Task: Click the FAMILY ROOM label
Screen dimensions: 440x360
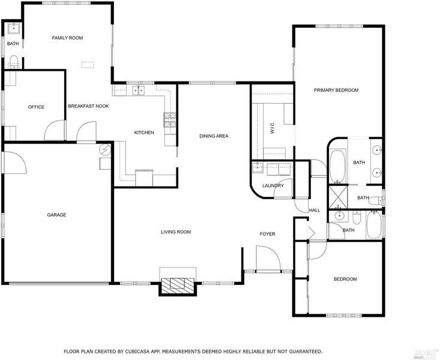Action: (67, 38)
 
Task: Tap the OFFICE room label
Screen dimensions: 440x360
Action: (36, 107)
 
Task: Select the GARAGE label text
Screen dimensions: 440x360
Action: (56, 215)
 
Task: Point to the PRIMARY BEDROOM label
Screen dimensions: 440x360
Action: (336, 90)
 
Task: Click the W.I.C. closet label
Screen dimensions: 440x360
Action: (272, 128)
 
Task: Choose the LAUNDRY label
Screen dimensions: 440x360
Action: (273, 186)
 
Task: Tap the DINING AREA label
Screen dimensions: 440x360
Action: (214, 136)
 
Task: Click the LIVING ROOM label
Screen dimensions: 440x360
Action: (176, 232)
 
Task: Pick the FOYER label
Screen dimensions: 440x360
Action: (268, 234)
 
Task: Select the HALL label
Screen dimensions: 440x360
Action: (315, 210)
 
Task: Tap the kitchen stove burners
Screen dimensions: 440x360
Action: (170, 120)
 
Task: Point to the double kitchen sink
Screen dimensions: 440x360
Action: (138, 91)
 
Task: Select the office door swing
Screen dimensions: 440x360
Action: (55, 130)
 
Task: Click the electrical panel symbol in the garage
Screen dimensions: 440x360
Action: (106, 150)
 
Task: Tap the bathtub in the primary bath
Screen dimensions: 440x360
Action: (338, 166)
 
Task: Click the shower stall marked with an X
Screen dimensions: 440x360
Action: (338, 197)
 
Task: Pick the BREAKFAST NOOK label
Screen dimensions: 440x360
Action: (88, 106)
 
